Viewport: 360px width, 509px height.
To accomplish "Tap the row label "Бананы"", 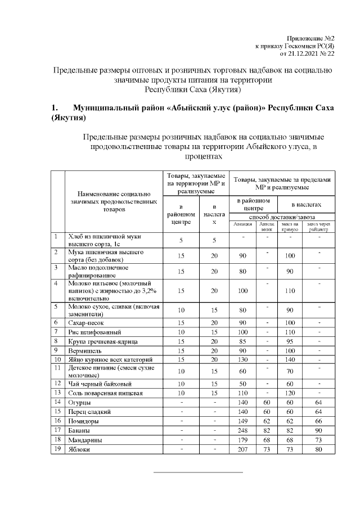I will [x=79, y=430].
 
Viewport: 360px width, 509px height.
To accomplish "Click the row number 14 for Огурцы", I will [x=57, y=402].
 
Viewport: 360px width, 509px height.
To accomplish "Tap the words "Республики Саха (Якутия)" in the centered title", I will [x=193, y=90].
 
